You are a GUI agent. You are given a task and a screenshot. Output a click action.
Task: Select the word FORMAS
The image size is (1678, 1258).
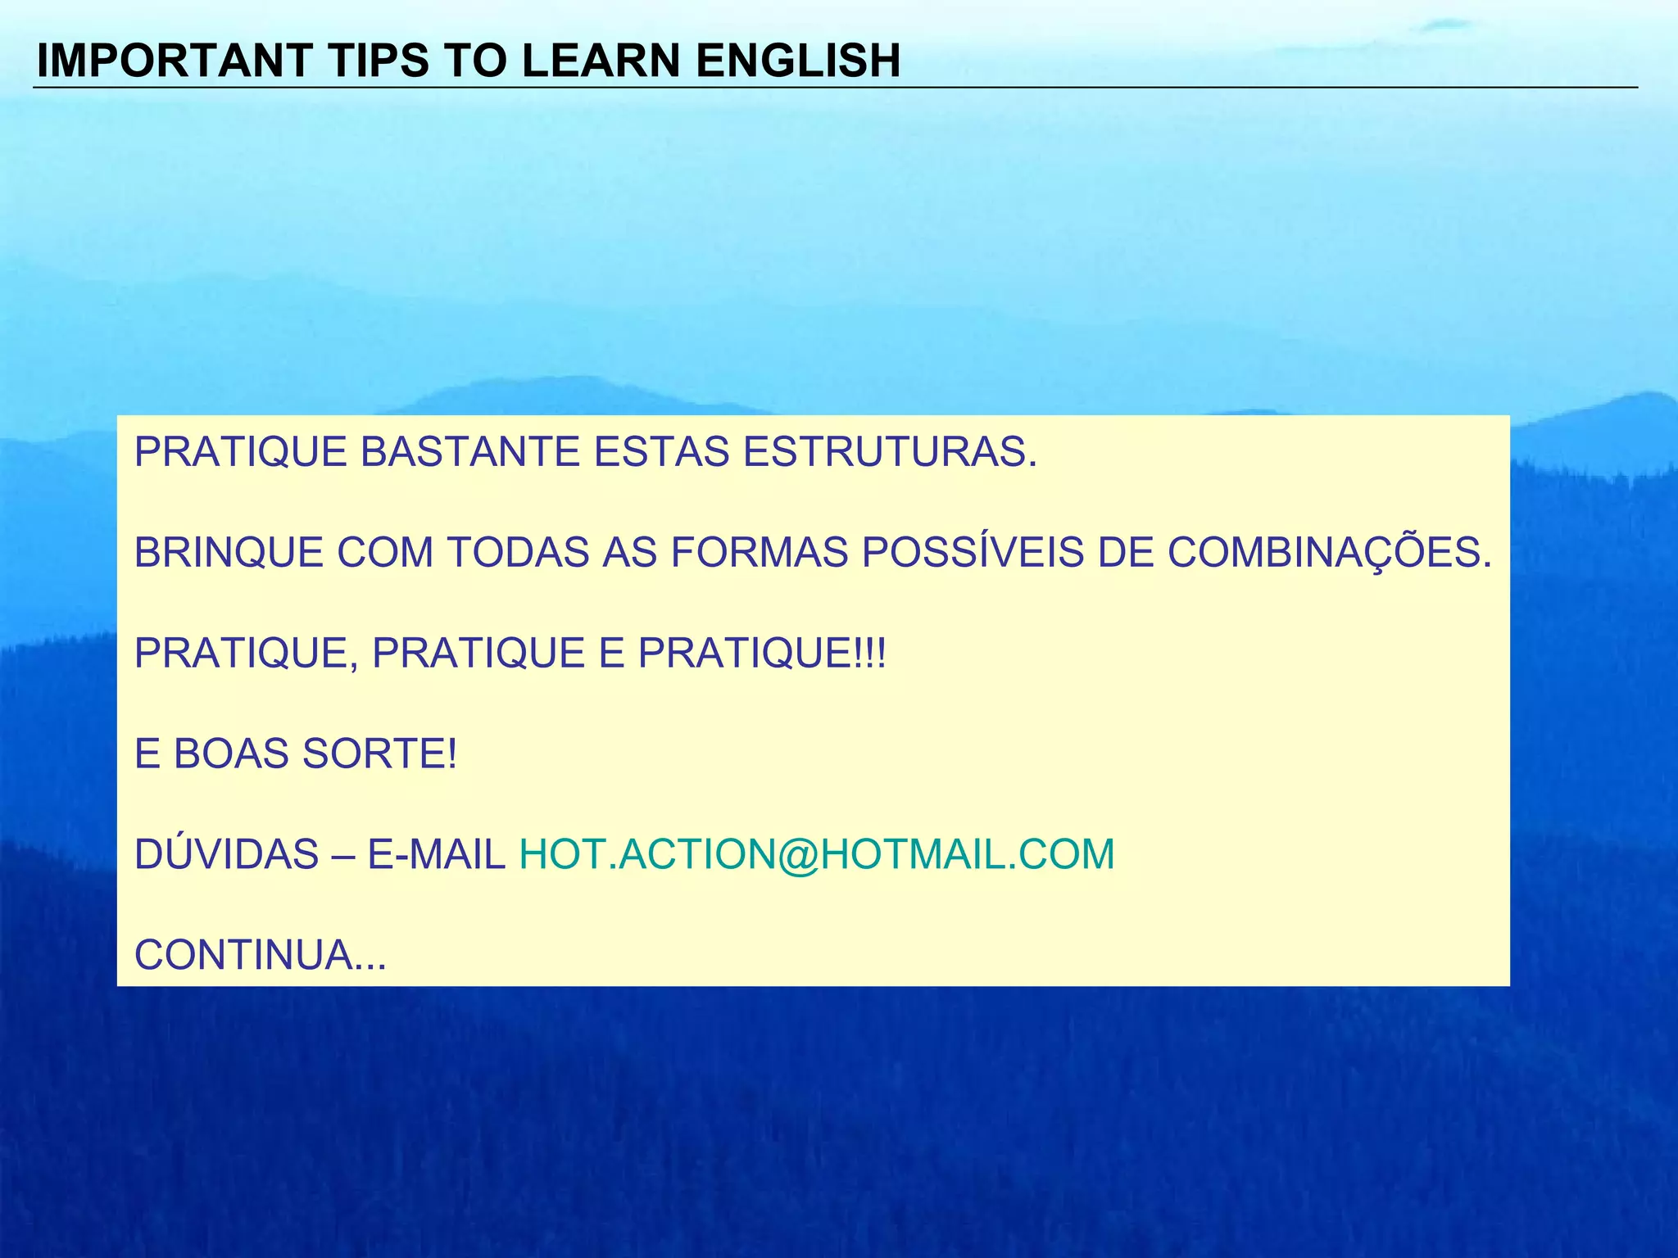[759, 553]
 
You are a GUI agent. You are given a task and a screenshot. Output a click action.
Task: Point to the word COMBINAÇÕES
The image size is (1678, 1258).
[1329, 553]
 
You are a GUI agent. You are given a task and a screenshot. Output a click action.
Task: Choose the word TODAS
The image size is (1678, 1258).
[518, 553]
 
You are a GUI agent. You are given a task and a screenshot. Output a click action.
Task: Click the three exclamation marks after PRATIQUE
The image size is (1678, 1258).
[870, 654]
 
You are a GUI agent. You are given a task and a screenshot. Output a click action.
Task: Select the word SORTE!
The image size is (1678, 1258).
[379, 753]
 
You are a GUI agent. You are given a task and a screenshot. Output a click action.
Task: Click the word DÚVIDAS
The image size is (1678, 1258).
[226, 854]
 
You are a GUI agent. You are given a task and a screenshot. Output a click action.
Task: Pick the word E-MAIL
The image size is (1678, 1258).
[436, 854]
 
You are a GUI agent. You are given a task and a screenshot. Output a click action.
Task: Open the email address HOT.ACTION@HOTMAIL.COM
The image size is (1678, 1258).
[817, 854]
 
